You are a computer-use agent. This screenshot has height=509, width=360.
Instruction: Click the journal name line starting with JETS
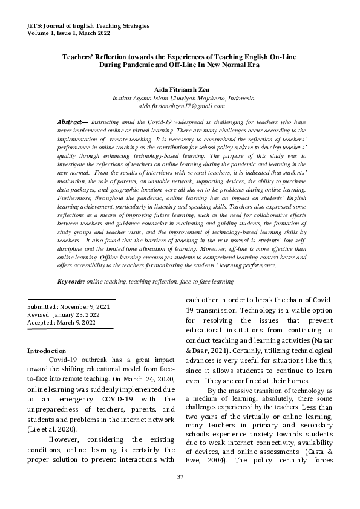[x=88, y=26]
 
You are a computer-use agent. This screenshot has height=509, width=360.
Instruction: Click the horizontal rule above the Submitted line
[x=71, y=299]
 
